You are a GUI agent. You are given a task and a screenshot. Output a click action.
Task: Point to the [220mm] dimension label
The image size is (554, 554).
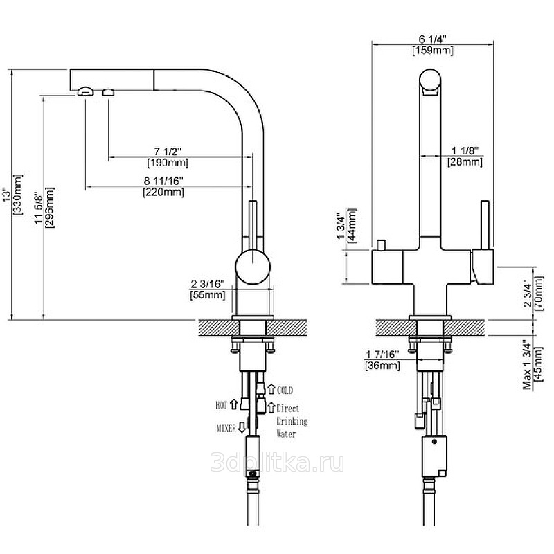tap(163, 192)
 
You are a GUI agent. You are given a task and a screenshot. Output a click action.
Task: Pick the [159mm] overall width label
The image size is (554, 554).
tap(432, 51)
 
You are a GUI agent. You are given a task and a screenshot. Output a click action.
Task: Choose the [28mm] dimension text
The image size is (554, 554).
tap(467, 161)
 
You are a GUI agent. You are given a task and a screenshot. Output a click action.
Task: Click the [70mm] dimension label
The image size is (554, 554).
tap(537, 296)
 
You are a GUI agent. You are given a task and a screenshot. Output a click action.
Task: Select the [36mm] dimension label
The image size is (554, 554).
tap(383, 365)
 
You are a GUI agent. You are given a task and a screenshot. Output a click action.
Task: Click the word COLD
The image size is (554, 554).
tap(285, 391)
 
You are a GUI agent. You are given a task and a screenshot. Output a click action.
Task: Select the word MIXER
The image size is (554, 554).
tap(226, 427)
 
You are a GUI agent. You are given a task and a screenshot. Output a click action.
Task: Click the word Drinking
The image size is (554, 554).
tap(292, 421)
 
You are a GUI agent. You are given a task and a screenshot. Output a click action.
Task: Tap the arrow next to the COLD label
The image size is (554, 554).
tap(271, 390)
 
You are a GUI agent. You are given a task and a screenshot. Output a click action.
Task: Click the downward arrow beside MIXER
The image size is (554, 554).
tap(241, 427)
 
